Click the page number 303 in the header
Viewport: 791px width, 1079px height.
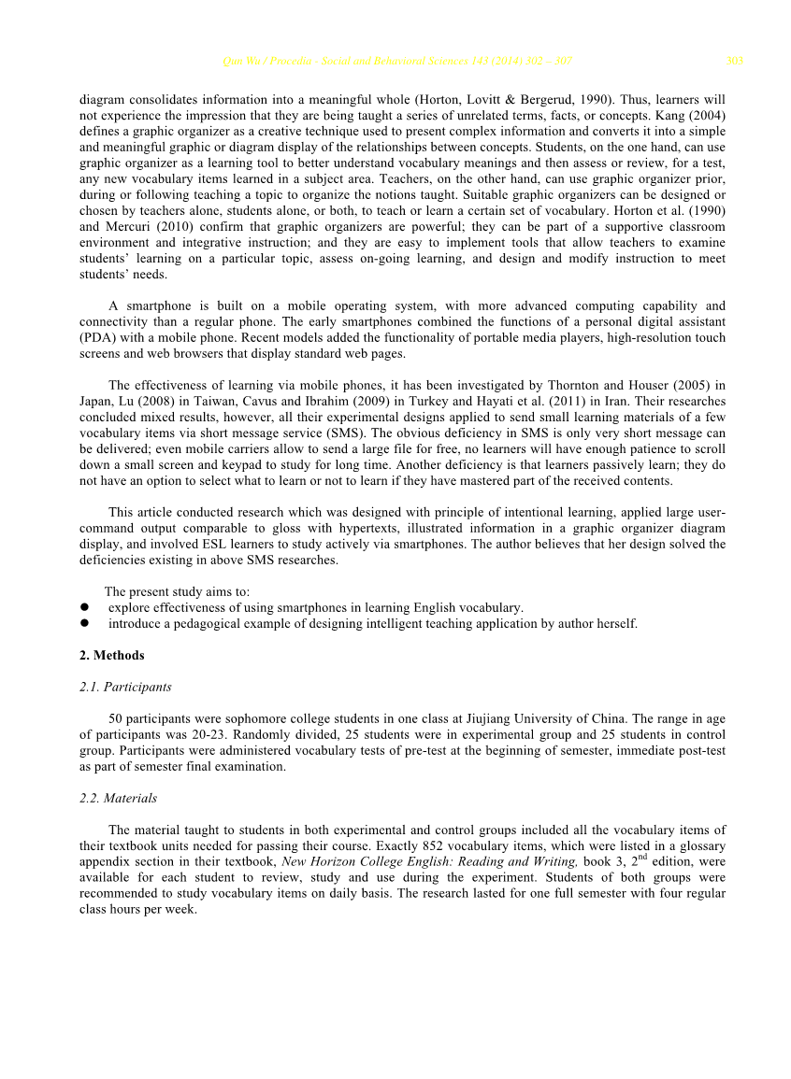(734, 62)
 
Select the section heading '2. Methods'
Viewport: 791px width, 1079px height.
(112, 656)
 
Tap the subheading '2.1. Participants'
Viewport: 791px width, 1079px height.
(125, 687)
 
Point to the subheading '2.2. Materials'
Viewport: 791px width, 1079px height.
(118, 798)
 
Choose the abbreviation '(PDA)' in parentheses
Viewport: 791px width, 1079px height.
(97, 338)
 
